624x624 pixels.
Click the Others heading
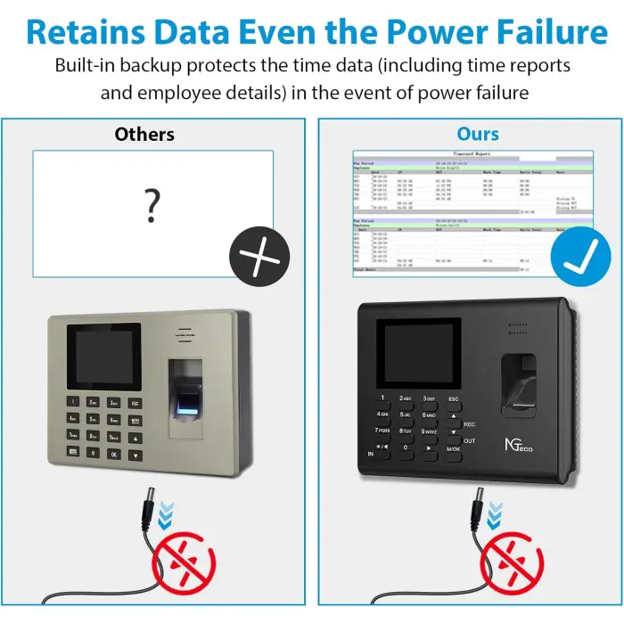point(144,135)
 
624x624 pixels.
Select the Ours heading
point(478,134)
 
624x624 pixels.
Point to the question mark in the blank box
point(152,206)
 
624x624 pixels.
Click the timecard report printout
point(460,212)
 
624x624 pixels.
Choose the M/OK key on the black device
point(453,447)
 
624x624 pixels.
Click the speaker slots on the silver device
point(185,336)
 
